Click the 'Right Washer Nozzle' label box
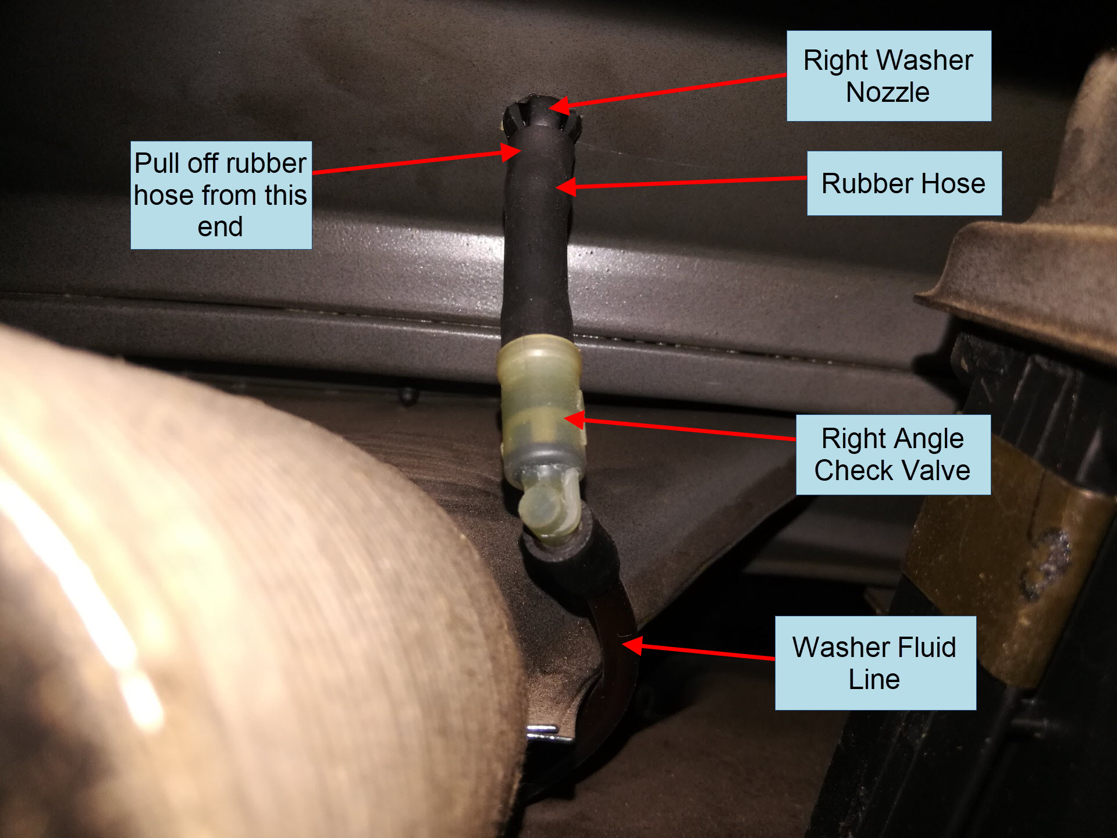tap(888, 76)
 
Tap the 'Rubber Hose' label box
tap(904, 183)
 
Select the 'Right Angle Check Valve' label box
tap(893, 454)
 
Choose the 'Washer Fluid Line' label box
tap(875, 663)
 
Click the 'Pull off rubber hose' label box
tap(221, 195)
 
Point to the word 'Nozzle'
tap(888, 92)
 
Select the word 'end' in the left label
tap(220, 226)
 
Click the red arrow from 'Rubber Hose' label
tap(681, 182)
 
